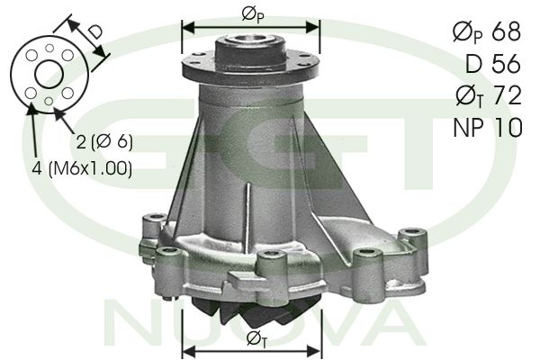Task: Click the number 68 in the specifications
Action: (506, 31)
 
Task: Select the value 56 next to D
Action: (506, 63)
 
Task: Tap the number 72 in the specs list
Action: (508, 95)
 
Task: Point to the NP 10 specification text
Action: (488, 127)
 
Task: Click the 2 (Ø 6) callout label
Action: (104, 141)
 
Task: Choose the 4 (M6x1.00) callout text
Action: (82, 169)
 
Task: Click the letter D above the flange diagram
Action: (94, 32)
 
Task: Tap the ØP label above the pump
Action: (253, 14)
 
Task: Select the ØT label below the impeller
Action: (256, 339)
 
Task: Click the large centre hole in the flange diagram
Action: (49, 74)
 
